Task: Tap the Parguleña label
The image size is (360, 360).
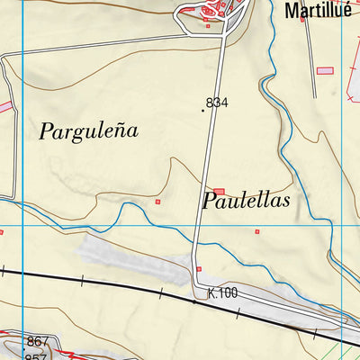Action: click(88, 130)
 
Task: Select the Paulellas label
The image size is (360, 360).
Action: click(246, 201)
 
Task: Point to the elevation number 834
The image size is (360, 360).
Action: click(217, 103)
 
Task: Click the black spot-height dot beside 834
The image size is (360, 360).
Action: click(203, 110)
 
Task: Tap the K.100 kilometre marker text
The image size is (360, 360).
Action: click(221, 293)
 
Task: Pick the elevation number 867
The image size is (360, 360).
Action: click(37, 341)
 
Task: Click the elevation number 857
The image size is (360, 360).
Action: click(37, 355)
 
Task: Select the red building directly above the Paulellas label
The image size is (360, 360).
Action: click(218, 191)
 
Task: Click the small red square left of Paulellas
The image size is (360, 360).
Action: click(158, 202)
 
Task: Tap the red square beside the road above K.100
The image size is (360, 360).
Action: click(199, 268)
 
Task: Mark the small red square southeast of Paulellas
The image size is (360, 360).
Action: click(256, 231)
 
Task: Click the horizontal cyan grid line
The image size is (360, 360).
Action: click(90, 224)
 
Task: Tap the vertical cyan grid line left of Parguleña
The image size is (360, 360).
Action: click(22, 135)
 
